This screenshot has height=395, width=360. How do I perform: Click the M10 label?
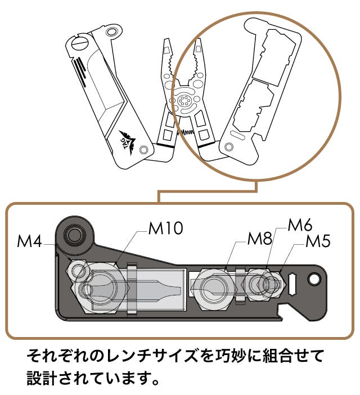click(x=165, y=228)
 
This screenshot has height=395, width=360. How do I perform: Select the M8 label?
click(x=260, y=238)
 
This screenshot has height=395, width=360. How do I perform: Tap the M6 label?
click(x=299, y=225)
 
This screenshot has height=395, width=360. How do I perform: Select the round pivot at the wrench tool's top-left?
click(x=74, y=232)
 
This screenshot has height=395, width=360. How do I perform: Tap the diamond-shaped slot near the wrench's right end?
click(x=293, y=280)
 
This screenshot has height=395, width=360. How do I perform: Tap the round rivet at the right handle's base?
click(x=228, y=147)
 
